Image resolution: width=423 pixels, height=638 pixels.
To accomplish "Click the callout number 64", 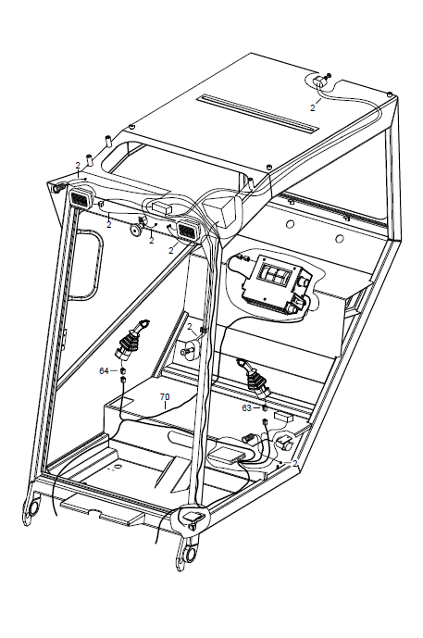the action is pos(104,370).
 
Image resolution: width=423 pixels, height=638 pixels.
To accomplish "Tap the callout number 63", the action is pos(246,407).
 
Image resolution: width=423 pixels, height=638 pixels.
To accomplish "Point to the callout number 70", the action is pos(165,396).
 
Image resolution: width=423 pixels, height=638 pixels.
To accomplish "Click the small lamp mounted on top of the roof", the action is pos(322,81).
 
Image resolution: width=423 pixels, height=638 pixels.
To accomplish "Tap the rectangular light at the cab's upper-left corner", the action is pos(81,199).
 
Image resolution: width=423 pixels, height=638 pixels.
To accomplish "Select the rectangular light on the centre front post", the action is pos(188,229).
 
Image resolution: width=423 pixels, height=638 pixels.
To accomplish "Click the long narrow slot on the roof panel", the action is pos(257,113).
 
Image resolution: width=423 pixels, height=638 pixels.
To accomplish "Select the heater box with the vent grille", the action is pos(278,285).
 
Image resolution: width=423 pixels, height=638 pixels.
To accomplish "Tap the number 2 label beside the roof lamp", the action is pos(312,107).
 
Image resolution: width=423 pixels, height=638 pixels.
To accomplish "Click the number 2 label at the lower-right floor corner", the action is pos(295,463).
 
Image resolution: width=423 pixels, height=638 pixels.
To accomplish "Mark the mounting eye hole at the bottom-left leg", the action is pos(33,507).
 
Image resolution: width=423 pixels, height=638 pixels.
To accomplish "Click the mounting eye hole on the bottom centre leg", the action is pos(191,554).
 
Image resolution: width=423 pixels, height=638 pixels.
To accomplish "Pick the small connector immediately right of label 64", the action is pos(122,370).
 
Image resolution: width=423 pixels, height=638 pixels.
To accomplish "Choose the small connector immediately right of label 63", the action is pos(265,407).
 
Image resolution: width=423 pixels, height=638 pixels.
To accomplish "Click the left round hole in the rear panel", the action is pos(290,223).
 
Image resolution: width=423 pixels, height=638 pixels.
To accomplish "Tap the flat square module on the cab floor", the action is pos(227,455).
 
